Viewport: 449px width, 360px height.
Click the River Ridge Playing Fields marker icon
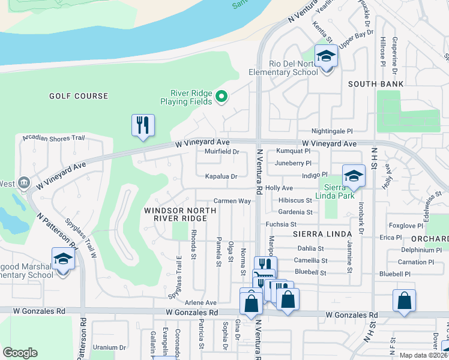tap(221, 96)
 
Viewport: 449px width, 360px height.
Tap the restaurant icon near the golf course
tap(143, 125)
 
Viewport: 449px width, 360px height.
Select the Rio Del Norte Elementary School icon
tap(326, 56)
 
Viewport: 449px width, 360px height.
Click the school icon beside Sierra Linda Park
tap(354, 176)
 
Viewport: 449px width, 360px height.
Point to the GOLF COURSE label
tap(79, 96)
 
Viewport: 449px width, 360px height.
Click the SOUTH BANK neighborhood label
tap(376, 84)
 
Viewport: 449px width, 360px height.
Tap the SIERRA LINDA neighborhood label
tap(317, 233)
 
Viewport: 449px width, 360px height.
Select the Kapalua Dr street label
tap(221, 177)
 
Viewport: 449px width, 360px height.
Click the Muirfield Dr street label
tap(222, 152)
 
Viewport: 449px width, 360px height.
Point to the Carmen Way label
tap(232, 201)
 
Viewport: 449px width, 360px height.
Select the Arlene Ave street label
tap(200, 303)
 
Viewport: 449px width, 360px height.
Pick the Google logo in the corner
tap(20, 353)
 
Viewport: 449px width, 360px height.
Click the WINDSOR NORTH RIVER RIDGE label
tap(175, 214)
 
